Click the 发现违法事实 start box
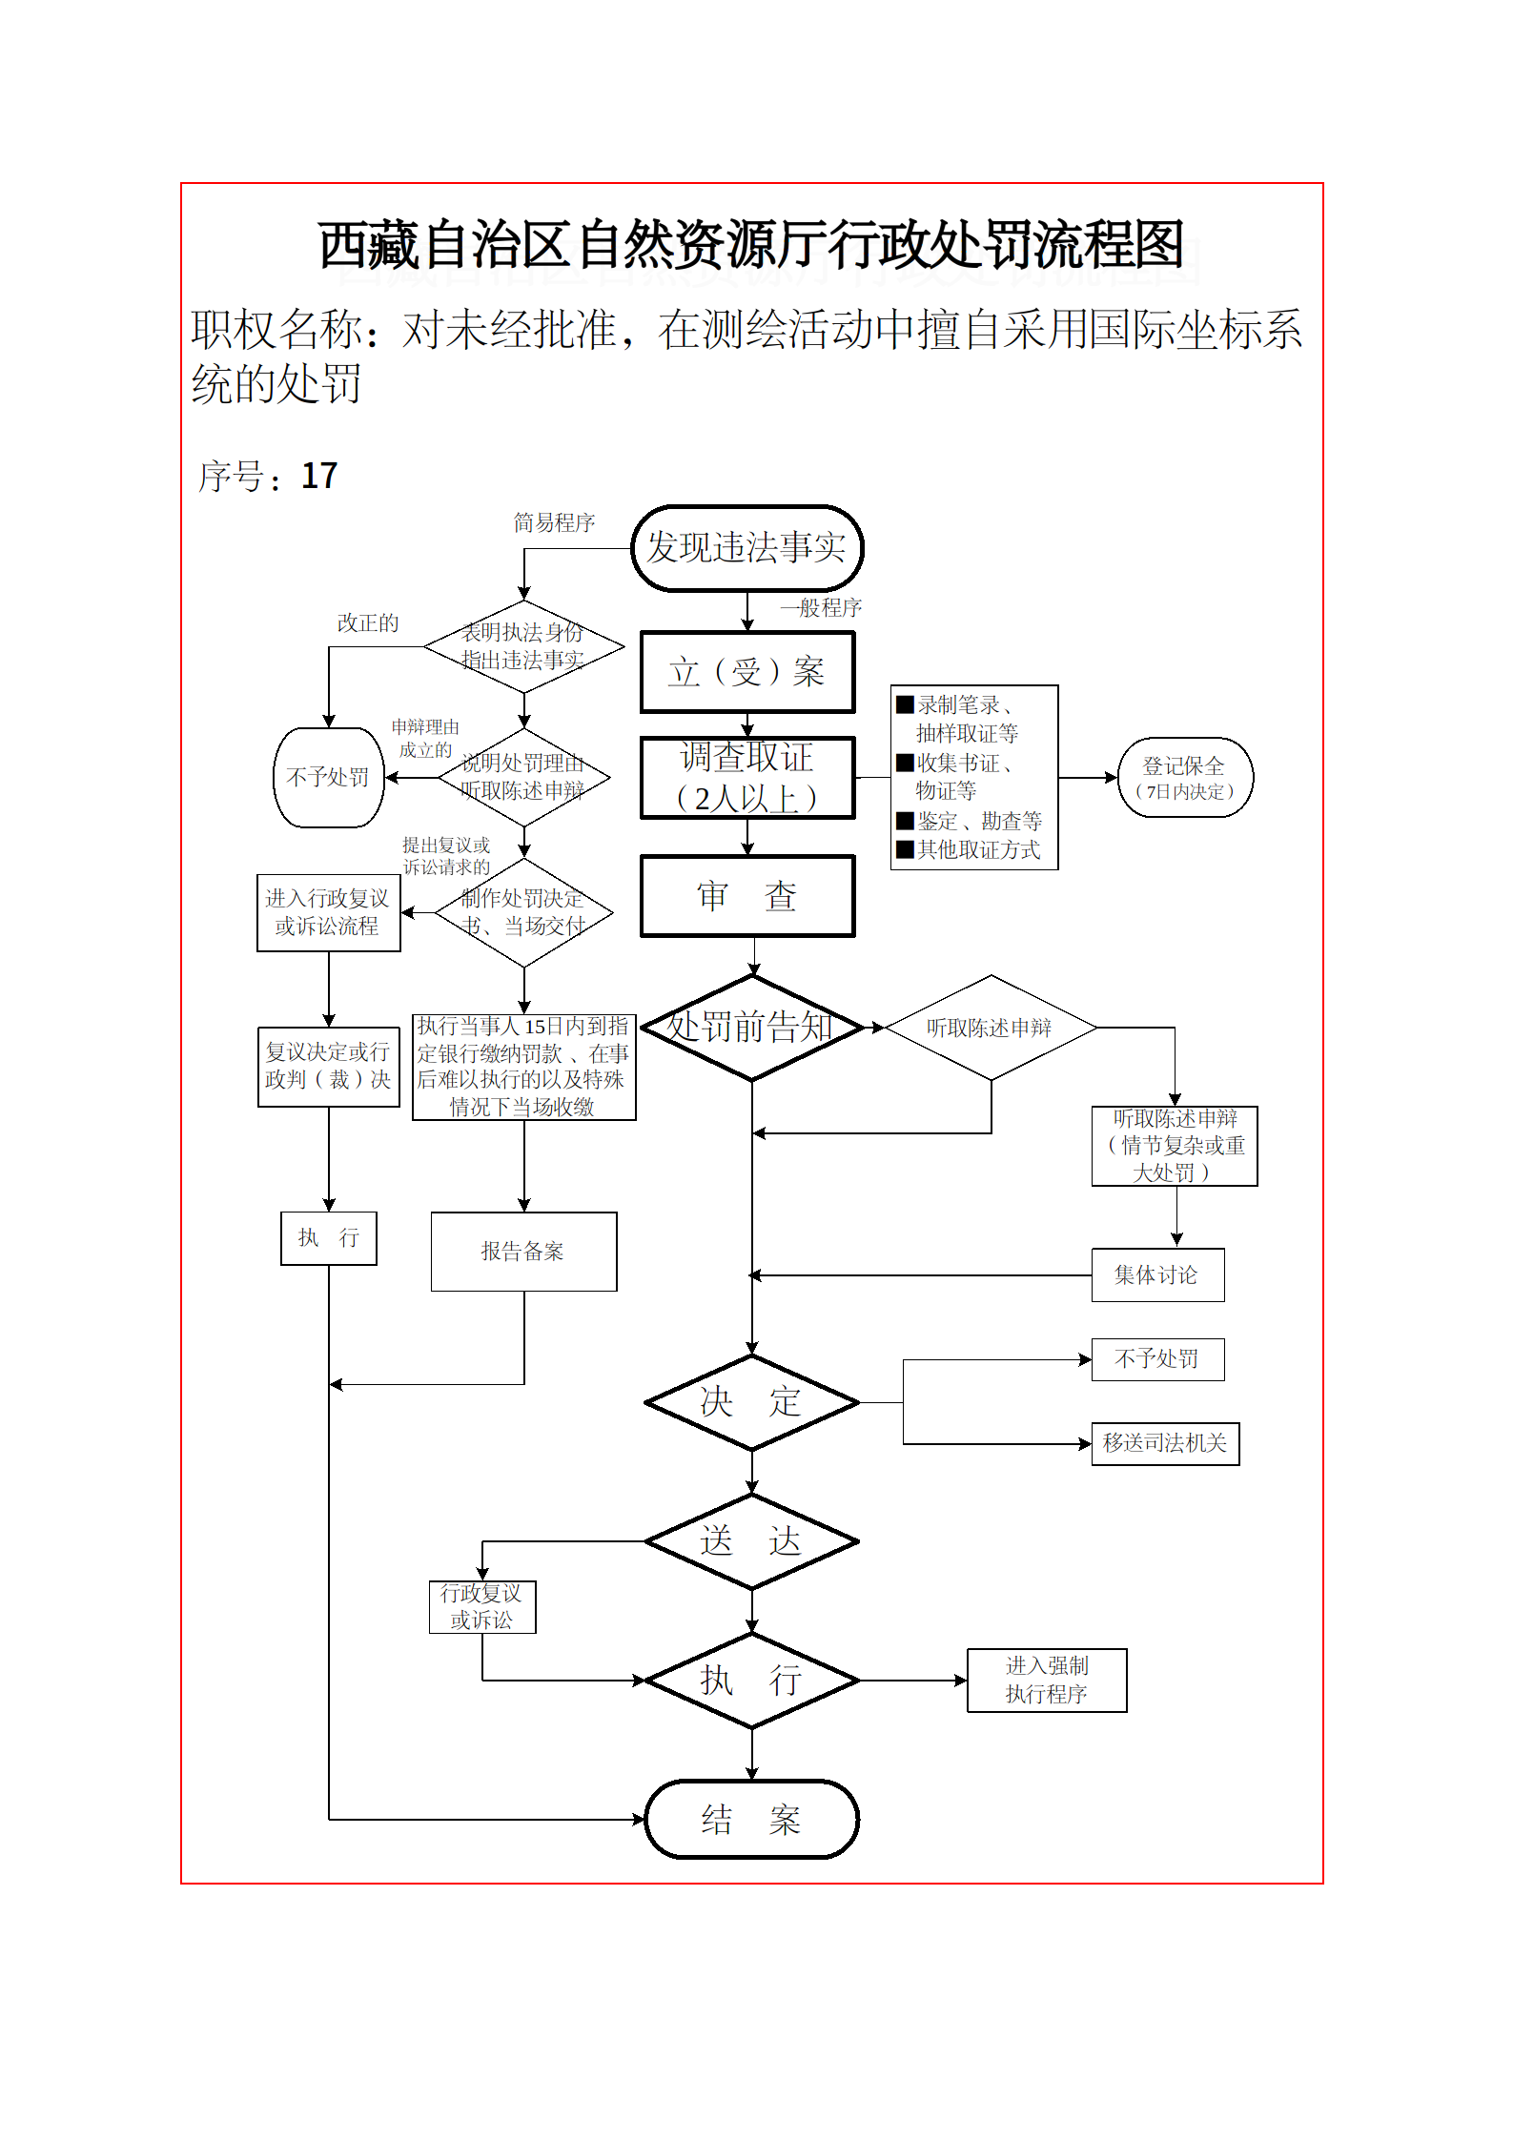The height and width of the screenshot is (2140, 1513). (x=746, y=548)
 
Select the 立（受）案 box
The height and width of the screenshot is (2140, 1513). (x=746, y=672)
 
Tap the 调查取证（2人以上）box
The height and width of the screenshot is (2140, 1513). (x=746, y=778)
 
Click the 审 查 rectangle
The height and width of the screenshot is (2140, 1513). (x=746, y=896)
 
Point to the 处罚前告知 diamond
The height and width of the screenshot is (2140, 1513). (x=751, y=1028)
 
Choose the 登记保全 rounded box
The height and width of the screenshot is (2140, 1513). (x=1184, y=778)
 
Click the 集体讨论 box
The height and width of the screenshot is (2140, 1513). (x=1157, y=1274)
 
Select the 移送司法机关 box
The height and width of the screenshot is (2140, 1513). (x=1165, y=1443)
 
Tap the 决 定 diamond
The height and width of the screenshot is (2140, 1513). (x=751, y=1402)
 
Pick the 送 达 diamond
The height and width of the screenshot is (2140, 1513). (x=751, y=1541)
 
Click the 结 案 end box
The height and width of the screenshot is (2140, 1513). (x=751, y=1820)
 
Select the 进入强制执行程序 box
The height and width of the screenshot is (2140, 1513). (x=1047, y=1681)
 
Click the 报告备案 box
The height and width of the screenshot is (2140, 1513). (x=523, y=1252)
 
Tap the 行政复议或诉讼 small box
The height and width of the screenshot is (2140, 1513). (x=482, y=1607)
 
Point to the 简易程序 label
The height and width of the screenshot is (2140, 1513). (x=554, y=522)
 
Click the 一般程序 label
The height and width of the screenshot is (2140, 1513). (x=821, y=607)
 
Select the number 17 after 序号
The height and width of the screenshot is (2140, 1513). (x=319, y=476)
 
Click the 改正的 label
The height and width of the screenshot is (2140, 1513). (x=368, y=622)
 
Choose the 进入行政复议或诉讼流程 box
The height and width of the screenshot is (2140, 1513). (x=328, y=912)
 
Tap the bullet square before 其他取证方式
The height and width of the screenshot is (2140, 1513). (x=905, y=848)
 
